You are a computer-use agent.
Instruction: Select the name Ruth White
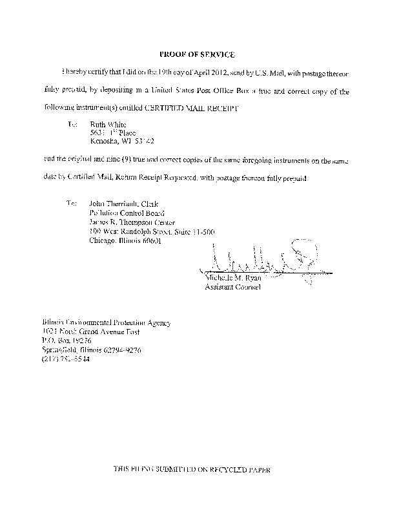[x=108, y=124]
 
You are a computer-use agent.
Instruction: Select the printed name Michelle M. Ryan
[x=231, y=277]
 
